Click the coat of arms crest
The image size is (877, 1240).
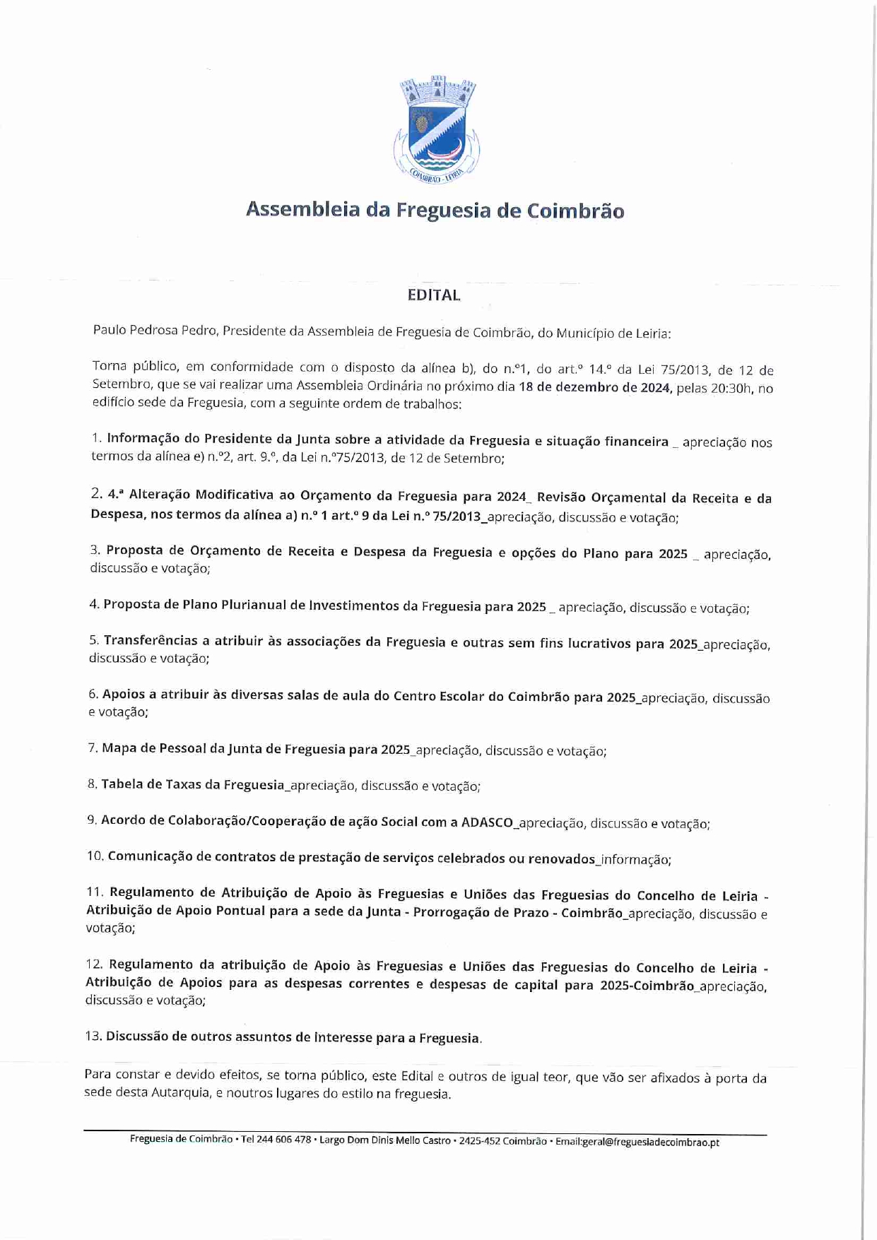tap(435, 130)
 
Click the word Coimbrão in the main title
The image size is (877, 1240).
tap(575, 211)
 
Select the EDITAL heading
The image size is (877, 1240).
tap(434, 295)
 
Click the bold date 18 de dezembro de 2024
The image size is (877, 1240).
tap(594, 387)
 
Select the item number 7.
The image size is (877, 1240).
tap(93, 748)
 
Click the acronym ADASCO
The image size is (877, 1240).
tap(488, 822)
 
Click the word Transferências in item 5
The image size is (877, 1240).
tap(151, 641)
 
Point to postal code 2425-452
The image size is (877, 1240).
tap(478, 1140)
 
